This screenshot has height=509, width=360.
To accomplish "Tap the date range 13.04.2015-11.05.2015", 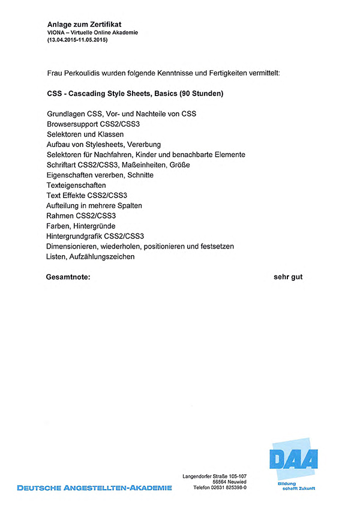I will (77, 40).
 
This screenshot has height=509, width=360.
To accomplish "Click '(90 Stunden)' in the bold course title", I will (197, 94).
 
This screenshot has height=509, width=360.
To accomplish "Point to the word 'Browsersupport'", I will (72, 124).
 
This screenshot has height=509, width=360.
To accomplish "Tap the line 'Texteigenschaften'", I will (76, 185).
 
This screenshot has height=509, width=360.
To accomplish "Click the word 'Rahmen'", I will (60, 215).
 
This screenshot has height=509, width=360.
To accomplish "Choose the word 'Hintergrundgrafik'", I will (74, 236).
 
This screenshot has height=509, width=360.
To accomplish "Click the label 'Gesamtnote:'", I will (68, 277).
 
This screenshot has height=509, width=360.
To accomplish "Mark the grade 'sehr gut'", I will (288, 277).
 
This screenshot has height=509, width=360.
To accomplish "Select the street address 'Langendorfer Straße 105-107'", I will (214, 476).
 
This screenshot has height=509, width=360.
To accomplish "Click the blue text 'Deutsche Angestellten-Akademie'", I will (94, 487).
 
